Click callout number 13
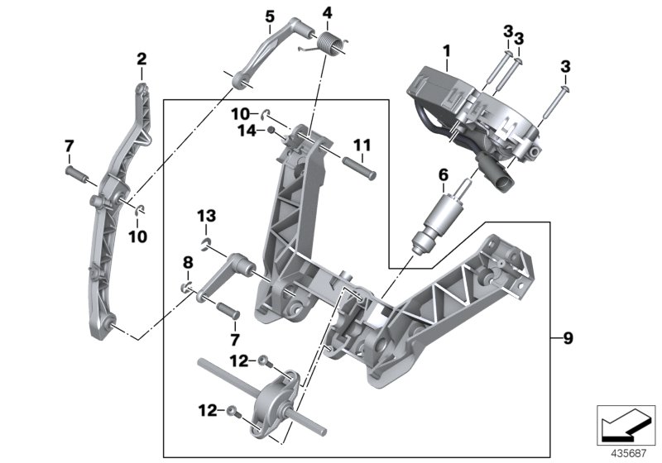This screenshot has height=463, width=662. tap(206, 216)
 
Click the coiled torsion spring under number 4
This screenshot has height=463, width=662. tap(330, 42)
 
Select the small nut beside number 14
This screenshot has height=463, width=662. tap(272, 130)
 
